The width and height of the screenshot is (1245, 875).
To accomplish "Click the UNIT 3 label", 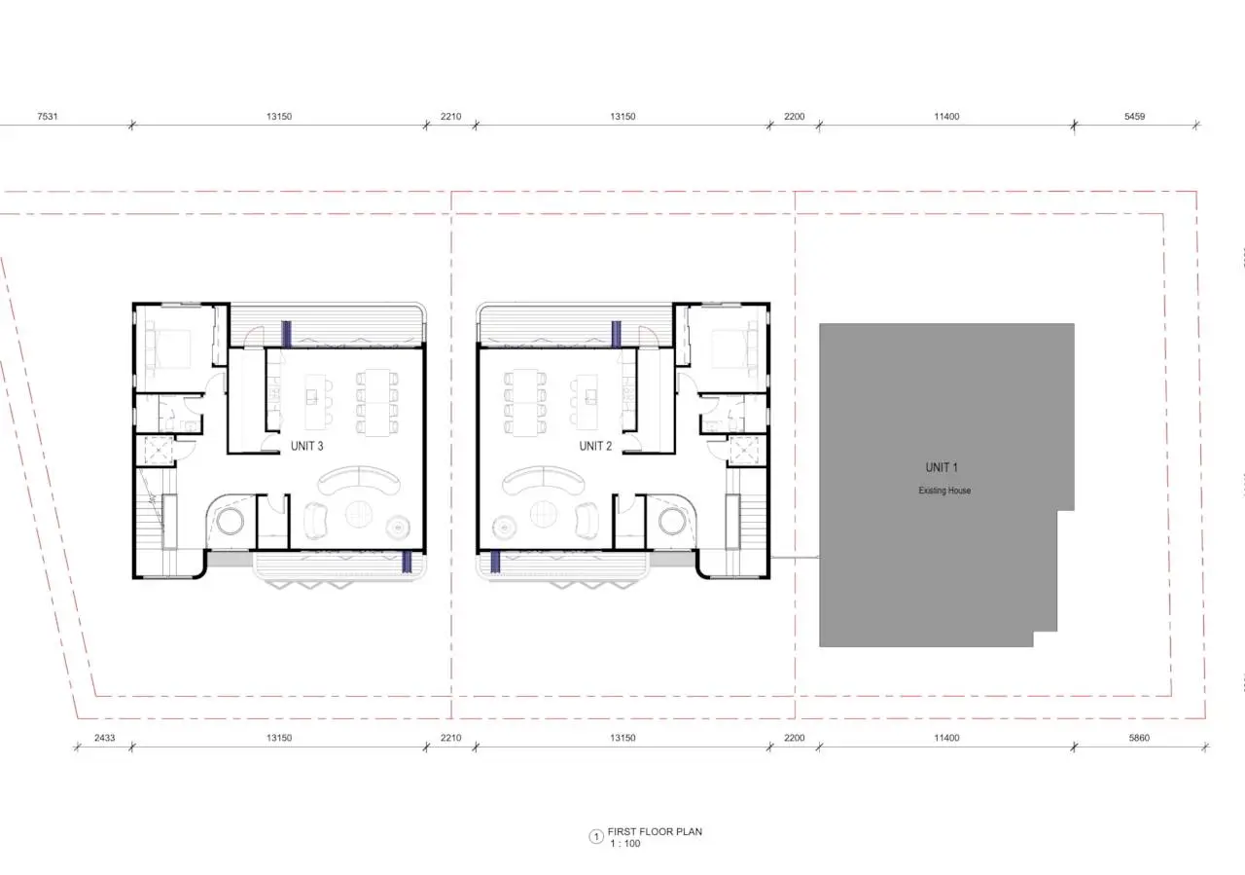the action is (x=306, y=446).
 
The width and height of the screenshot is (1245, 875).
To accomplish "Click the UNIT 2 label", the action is (x=595, y=446).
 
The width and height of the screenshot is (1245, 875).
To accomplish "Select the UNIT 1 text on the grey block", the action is (x=942, y=468).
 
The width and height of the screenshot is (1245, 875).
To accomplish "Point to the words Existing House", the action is (x=944, y=491).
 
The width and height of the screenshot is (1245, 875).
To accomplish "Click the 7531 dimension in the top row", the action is (x=48, y=116).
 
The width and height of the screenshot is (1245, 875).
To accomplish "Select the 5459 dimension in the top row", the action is (x=1134, y=116).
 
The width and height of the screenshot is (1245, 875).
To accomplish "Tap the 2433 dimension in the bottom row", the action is (x=104, y=738).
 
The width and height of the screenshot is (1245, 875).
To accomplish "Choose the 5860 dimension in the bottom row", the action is (x=1139, y=738).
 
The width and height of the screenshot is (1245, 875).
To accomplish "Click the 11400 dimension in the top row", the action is (x=946, y=116).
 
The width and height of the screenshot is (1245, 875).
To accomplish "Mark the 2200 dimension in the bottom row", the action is (x=795, y=738).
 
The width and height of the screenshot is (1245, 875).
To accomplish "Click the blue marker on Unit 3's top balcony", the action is (x=286, y=334).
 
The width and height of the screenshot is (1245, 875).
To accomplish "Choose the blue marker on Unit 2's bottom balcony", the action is (x=495, y=562).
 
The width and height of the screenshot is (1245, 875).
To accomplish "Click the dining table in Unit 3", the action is (x=376, y=402).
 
